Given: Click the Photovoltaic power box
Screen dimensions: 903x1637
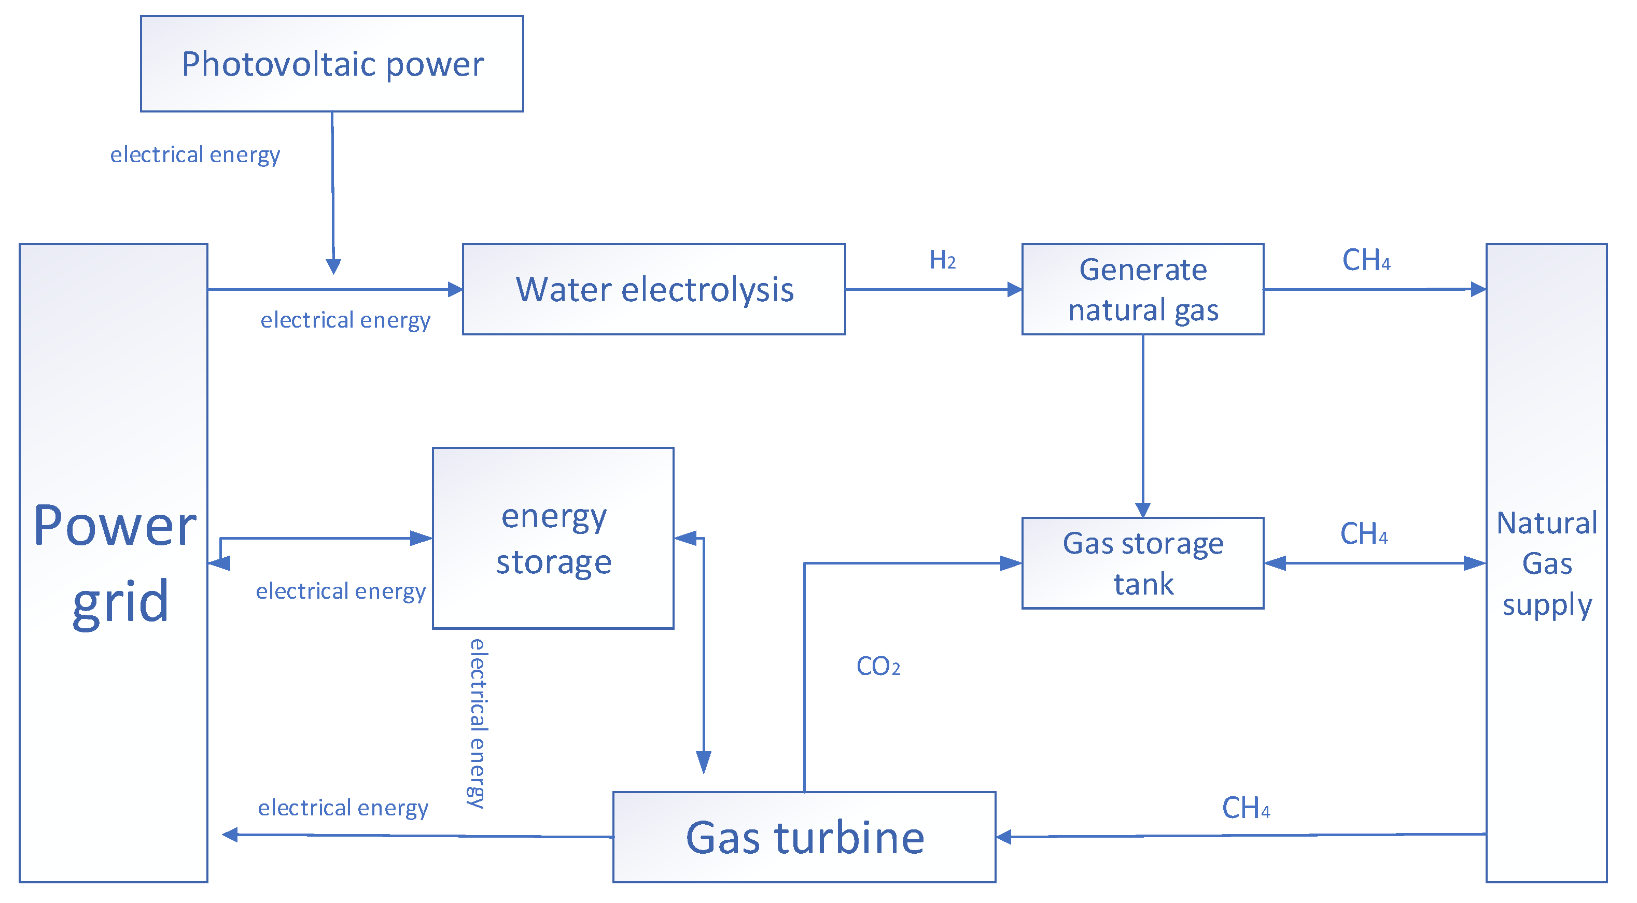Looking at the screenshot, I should pos(332,64).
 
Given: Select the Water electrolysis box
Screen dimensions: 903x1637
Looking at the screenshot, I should pos(653,289).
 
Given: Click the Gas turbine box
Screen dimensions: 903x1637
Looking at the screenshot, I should pos(804,837).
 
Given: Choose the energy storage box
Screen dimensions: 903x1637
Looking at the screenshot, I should pos(553,538).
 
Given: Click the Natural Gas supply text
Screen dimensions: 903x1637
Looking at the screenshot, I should pos(1546,563).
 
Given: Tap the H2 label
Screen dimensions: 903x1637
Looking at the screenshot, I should pos(942,260).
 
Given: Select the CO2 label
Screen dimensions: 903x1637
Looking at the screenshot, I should pos(877,667).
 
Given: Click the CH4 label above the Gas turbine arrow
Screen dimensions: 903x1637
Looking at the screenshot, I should pos(1246,808).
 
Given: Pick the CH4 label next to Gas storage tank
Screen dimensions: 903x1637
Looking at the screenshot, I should pos(1364,534).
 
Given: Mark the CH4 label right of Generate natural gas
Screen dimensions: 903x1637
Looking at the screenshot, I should pos(1366,260).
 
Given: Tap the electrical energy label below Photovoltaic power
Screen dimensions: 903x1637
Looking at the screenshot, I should pos(195,154).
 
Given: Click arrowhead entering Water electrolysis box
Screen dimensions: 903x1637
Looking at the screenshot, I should pos(455,290).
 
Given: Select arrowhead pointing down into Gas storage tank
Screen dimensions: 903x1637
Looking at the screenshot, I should pos(1143,510).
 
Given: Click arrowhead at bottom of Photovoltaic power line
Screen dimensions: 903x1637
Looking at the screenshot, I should pos(333,266).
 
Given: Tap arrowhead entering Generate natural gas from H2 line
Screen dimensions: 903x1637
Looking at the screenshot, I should pos(1014,290).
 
